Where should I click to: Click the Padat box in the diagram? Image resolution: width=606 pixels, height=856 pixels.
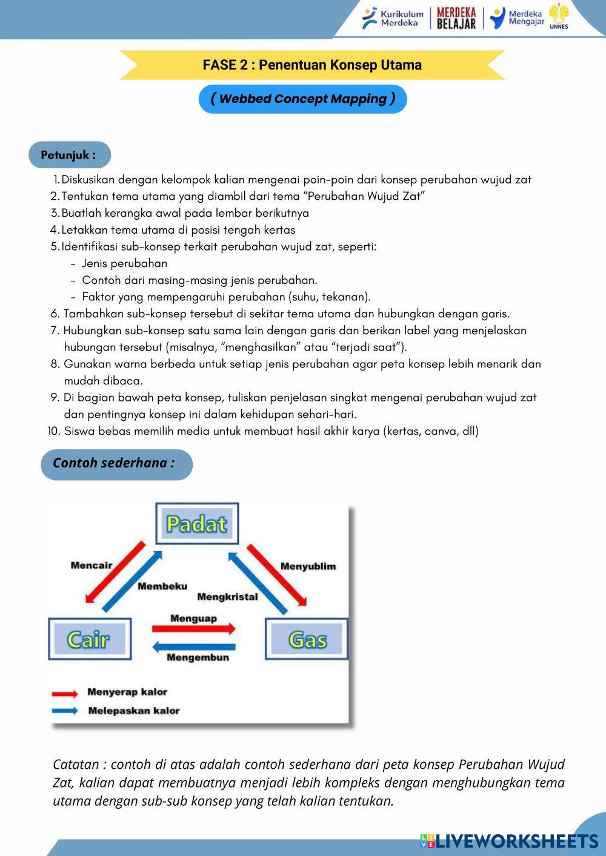tap(196, 524)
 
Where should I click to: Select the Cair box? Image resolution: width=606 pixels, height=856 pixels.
tap(89, 639)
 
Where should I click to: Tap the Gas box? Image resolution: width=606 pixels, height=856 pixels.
tap(307, 639)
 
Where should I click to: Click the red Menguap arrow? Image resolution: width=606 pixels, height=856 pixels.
tap(193, 629)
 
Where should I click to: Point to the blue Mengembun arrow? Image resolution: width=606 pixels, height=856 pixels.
tap(193, 647)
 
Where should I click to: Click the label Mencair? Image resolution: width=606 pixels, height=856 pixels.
tap(92, 565)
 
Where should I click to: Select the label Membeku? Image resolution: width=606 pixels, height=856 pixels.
tap(162, 586)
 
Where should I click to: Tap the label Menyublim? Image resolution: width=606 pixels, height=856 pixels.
tap(308, 567)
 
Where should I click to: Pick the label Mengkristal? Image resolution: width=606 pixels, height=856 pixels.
tap(227, 597)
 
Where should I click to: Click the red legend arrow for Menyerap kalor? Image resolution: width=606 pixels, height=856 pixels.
tap(65, 694)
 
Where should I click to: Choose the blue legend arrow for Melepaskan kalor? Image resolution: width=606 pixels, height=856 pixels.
tap(65, 711)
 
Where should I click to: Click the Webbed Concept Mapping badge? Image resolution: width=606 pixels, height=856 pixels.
tap(302, 99)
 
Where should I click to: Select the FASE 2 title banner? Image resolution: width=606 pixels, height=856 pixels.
tap(312, 65)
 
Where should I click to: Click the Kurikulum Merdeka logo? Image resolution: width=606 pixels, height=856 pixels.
tap(393, 18)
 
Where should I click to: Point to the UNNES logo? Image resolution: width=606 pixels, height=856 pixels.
tap(558, 16)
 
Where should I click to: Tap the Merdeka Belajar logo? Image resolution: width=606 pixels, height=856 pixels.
tap(456, 18)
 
